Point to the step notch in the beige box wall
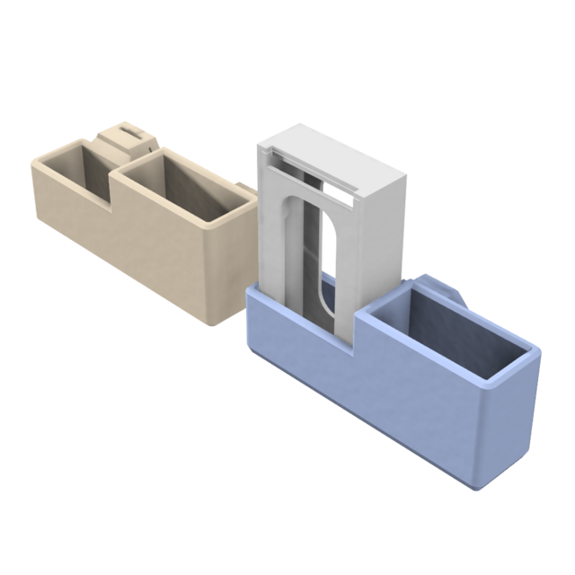112,195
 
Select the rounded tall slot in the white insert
325,270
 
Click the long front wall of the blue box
377,395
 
